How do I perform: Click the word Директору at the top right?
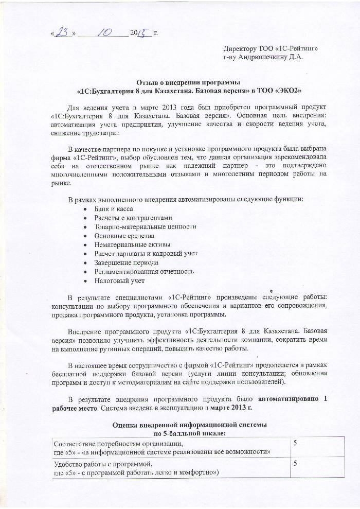[x=244, y=48]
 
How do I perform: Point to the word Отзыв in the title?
[x=147, y=82]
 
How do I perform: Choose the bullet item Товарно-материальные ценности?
[x=145, y=226]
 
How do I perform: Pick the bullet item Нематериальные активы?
[x=132, y=244]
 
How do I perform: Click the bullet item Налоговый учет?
[x=119, y=280]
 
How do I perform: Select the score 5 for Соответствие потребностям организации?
[x=295, y=443]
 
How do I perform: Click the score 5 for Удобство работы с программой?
[x=295, y=464]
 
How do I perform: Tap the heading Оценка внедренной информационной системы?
[x=190, y=426]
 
